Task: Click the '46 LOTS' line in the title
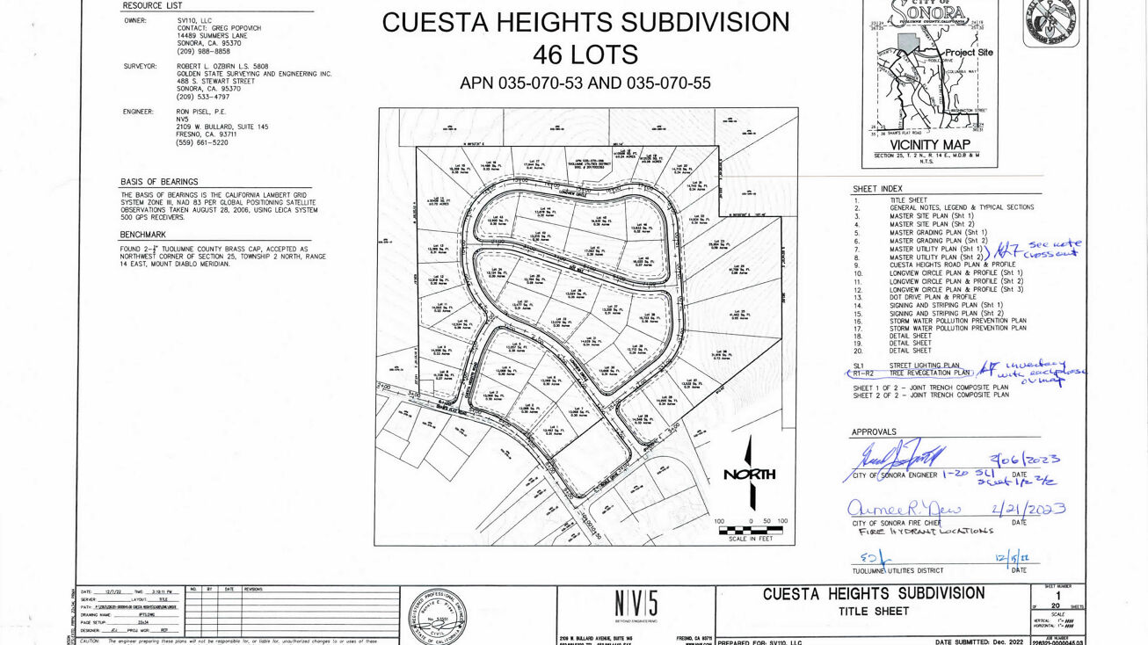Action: coord(585,54)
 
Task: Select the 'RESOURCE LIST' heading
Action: coord(153,6)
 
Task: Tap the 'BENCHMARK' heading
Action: coord(143,235)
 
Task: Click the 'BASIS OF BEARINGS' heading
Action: coord(159,182)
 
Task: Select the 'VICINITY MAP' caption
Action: coord(930,145)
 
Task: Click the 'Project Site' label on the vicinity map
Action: coord(969,52)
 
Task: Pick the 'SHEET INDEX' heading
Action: coord(877,189)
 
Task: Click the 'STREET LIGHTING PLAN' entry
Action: coord(924,366)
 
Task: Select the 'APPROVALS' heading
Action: coord(874,432)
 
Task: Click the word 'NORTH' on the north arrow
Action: coord(749,475)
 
